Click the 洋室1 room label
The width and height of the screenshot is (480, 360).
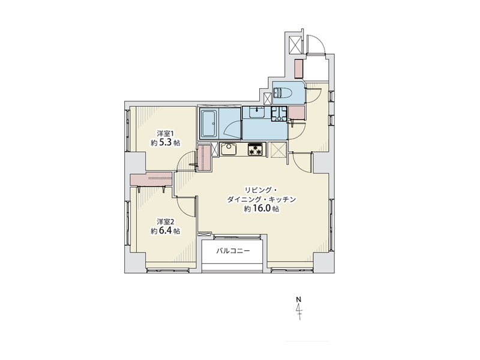coord(166,133)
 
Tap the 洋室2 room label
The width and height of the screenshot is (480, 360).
coord(166,221)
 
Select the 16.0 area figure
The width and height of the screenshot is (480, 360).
coord(262,209)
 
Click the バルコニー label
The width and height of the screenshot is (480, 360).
coord(233,251)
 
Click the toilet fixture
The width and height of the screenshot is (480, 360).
coord(283,92)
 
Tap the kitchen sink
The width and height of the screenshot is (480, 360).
coord(229,149)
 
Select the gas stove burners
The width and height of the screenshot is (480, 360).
coord(256,149)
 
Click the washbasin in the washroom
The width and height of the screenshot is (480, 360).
coord(257,112)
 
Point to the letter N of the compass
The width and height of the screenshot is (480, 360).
coord(299,299)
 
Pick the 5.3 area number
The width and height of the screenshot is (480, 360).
coord(166,143)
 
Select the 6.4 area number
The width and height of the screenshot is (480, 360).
coord(166,230)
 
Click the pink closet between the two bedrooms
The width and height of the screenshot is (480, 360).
coord(151,179)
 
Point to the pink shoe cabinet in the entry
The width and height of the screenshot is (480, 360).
coord(298,68)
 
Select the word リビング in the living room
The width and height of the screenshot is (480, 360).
coord(258,190)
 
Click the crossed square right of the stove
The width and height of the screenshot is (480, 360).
coord(278,150)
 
